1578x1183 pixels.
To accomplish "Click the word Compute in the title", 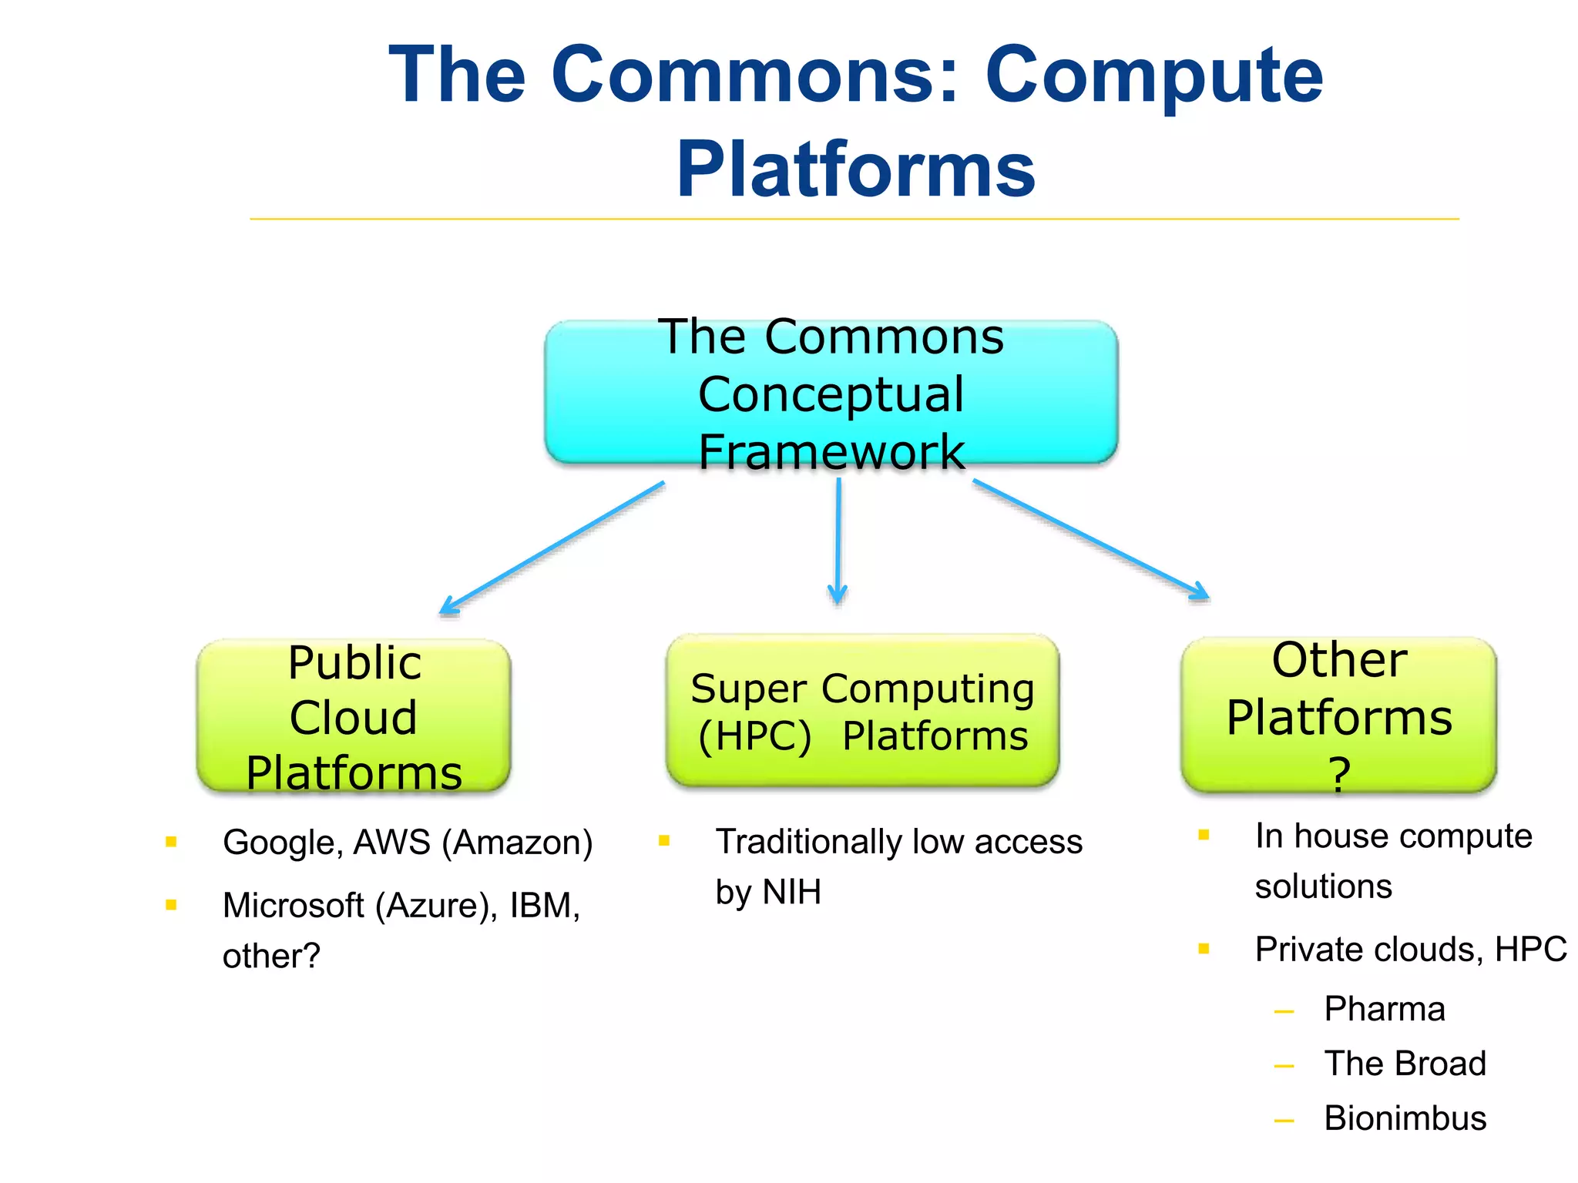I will pos(1153,75).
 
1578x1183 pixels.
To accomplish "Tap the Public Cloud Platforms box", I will pos(354,716).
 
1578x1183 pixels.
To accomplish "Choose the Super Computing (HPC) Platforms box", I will pos(861,711).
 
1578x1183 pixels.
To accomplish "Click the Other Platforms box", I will pos(1338,715).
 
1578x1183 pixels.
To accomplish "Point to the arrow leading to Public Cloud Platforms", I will pos(551,548).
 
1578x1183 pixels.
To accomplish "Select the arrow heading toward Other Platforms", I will pos(1090,539).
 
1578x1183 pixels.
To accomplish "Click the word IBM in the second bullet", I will pos(544,905).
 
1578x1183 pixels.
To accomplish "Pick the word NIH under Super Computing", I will pos(791,892).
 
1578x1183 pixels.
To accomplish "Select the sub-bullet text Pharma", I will pos(1384,1009).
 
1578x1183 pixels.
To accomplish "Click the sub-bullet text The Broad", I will pos(1405,1064).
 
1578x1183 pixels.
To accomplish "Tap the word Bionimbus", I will pos(1405,1118).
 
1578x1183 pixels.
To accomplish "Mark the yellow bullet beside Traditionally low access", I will pos(664,840).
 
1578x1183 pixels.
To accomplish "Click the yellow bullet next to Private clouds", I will pos(1204,948).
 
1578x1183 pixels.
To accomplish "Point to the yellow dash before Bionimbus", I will pos(1284,1121).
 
